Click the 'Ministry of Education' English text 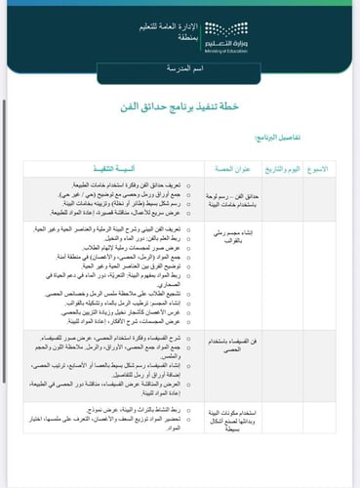tap(304, 42)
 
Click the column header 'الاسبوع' tap(334, 168)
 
